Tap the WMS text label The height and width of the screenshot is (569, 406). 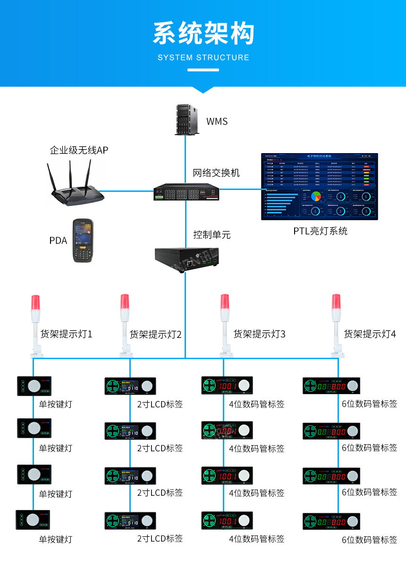click(x=217, y=121)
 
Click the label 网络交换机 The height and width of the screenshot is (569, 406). click(x=216, y=172)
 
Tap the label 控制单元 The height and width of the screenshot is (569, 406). click(x=212, y=235)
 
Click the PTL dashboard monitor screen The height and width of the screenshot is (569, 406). click(x=320, y=186)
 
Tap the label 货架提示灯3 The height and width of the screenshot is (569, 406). click(x=259, y=335)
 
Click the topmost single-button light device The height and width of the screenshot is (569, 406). click(x=34, y=386)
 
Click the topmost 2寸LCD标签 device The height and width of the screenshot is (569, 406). click(x=130, y=386)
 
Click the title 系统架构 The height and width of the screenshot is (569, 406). click(x=203, y=34)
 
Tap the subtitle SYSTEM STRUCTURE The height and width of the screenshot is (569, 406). click(x=203, y=58)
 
